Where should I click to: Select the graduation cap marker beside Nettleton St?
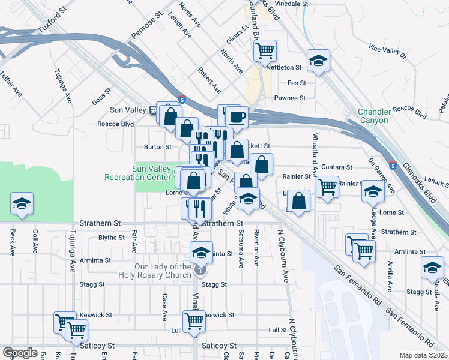[x=318, y=60]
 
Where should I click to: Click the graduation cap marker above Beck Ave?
[x=22, y=203]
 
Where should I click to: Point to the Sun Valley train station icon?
[x=154, y=110]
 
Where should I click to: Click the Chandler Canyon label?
[x=373, y=116]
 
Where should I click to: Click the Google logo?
[x=20, y=352]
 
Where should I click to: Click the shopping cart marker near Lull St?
[x=194, y=321]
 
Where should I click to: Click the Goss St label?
[x=103, y=97]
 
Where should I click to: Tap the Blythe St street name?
[x=112, y=238]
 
